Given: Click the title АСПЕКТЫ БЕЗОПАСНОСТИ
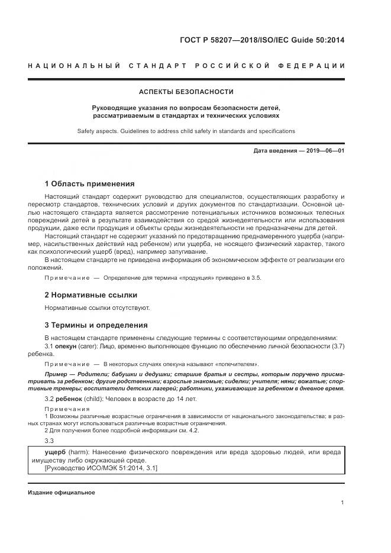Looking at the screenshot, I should pyautogui.click(x=186, y=92).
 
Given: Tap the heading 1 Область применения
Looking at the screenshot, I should pyautogui.click(x=89, y=183).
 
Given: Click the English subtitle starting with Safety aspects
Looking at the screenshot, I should pyautogui.click(x=186, y=131).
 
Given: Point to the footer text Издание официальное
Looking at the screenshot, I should pyautogui.click(x=61, y=492).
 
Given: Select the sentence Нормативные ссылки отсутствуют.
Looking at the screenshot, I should pyautogui.click(x=98, y=308).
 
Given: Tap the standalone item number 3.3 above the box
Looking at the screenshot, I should pyautogui.click(x=50, y=441).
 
